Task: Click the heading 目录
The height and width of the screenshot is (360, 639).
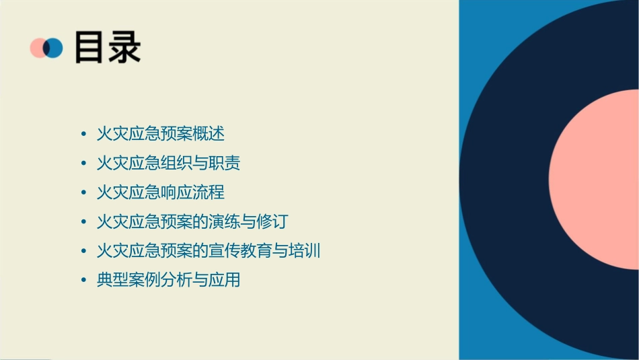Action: tap(108, 48)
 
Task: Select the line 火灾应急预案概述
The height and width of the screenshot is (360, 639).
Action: tap(160, 134)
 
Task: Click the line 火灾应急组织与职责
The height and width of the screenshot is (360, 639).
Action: tap(168, 163)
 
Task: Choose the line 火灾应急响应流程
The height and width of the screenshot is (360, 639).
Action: tap(160, 192)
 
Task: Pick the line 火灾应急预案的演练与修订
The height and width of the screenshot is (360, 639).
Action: tap(192, 221)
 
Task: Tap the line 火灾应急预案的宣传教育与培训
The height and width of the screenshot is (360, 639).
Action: tap(209, 251)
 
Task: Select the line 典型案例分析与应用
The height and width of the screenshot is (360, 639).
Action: tap(168, 280)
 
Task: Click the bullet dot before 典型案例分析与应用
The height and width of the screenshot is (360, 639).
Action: tap(83, 280)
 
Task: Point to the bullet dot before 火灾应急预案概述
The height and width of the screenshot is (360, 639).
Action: tap(83, 134)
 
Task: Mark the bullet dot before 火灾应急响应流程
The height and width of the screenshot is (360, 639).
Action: tap(83, 192)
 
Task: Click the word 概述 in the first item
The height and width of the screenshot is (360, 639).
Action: tap(209, 134)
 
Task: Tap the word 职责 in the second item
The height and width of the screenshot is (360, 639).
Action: tap(225, 163)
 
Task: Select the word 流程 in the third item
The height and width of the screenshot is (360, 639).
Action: tap(209, 192)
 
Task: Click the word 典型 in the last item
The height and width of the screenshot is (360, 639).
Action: tap(112, 280)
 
